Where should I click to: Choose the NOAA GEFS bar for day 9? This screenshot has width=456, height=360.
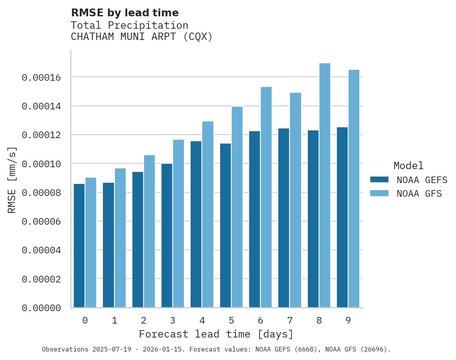click(x=342, y=217)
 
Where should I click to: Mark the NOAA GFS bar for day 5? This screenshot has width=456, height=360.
click(x=237, y=207)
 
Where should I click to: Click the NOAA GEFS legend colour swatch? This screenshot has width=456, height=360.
click(x=379, y=179)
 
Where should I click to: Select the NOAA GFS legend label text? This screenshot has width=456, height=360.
click(x=419, y=194)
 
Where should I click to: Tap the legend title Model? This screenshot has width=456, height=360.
click(x=408, y=166)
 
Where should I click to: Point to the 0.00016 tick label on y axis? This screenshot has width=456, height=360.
click(x=41, y=78)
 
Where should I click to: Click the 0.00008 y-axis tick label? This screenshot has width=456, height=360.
click(x=41, y=193)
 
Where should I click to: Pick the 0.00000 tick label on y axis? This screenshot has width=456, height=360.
click(x=41, y=308)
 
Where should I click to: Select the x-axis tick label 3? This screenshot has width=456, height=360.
click(x=173, y=320)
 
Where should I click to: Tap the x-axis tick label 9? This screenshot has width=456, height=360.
click(x=348, y=320)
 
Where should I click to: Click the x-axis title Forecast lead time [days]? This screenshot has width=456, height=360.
click(x=216, y=334)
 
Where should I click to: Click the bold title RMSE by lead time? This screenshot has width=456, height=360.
click(x=125, y=13)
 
